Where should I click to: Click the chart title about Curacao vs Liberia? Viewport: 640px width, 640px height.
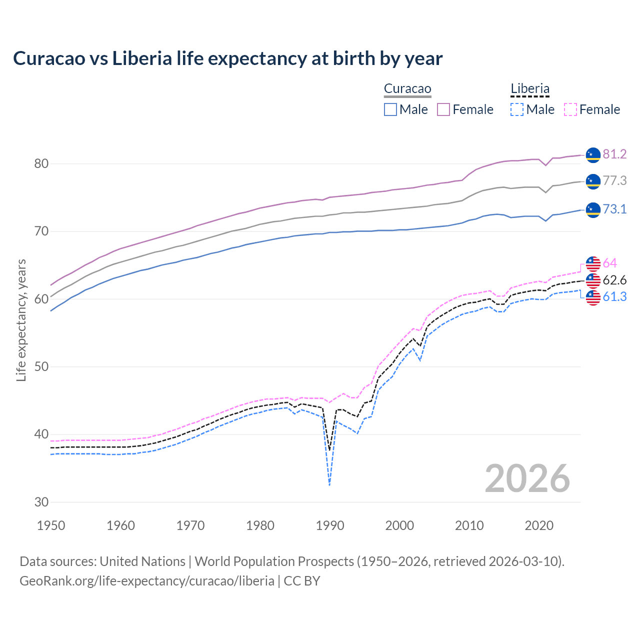click(228, 58)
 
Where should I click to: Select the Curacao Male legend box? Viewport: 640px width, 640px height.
click(390, 109)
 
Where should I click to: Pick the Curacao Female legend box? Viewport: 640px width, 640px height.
click(443, 109)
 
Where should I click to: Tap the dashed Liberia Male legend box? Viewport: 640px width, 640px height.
click(517, 109)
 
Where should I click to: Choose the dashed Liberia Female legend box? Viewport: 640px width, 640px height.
click(570, 109)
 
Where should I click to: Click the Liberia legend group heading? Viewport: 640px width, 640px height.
click(530, 89)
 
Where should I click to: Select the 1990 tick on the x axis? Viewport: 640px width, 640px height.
click(330, 525)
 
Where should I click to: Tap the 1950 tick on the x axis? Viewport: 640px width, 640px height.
click(51, 525)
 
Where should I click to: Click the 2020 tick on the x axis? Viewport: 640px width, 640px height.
click(539, 525)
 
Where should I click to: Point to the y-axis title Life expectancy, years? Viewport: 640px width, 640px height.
click(21, 320)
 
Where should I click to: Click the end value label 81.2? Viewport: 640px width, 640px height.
click(614, 154)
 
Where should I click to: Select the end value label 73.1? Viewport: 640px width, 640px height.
click(614, 209)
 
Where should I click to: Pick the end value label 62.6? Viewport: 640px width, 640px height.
click(614, 280)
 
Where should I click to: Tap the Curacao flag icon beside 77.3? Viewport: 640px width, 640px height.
click(593, 181)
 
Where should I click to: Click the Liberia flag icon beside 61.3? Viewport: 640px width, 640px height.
click(593, 297)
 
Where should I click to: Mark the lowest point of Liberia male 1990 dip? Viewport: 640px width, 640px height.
click(329, 485)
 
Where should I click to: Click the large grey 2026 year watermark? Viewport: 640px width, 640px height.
click(527, 478)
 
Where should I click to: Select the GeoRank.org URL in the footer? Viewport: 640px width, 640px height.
click(146, 581)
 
